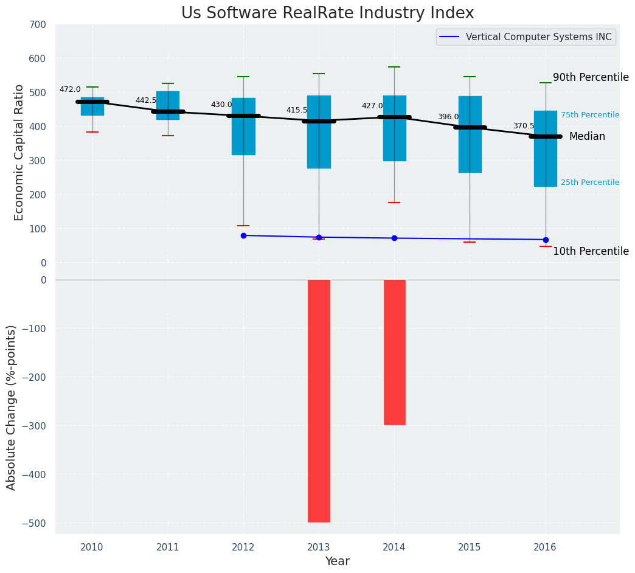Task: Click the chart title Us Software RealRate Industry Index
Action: coord(327,13)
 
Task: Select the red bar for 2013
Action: coord(319,401)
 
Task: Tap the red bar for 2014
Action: coord(394,352)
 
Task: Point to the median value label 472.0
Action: coord(70,89)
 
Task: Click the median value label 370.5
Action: coord(524,126)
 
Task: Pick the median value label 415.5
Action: coord(297,110)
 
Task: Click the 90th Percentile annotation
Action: coord(591,77)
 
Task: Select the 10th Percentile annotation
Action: coord(591,251)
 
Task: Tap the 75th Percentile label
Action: coord(590,115)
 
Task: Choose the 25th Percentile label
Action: coord(590,182)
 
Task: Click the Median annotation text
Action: coord(587,137)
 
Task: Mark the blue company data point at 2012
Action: coord(243,235)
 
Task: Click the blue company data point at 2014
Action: coord(394,238)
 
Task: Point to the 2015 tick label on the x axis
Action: coord(470,547)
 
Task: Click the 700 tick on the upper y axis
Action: coord(37,25)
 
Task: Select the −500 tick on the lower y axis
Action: coord(34,523)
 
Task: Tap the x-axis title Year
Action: coord(337,561)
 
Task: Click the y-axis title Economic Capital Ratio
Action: coord(19,152)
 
